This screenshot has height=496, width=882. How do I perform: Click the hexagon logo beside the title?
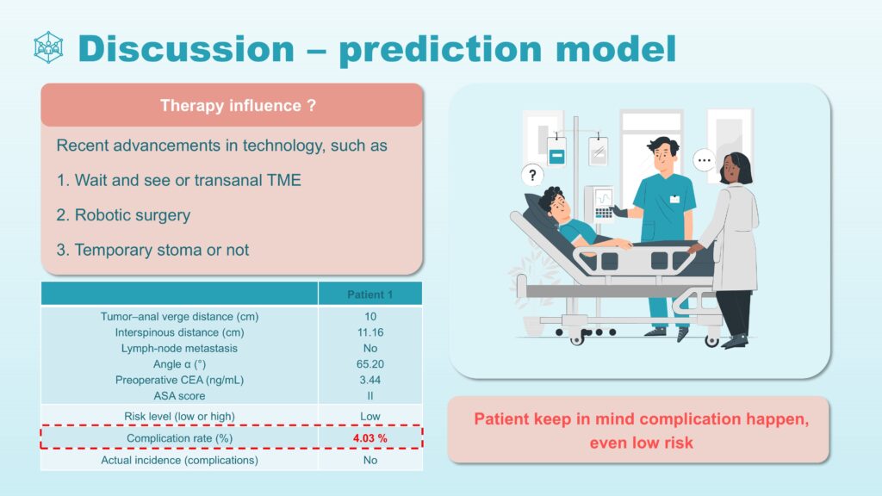coord(48,47)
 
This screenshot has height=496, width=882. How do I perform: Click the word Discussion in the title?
coord(186,48)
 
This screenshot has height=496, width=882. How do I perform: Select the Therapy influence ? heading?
coord(238,105)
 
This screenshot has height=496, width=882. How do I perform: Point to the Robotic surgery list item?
coord(123,214)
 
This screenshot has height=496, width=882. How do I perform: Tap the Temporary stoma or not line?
coord(152,250)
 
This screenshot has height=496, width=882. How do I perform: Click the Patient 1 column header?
coord(370,294)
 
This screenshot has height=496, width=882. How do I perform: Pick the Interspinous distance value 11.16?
coord(370,332)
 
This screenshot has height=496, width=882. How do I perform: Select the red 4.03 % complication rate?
coord(370,438)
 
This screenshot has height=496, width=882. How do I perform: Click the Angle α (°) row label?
coord(179,364)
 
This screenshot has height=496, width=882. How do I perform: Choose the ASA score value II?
coord(370,396)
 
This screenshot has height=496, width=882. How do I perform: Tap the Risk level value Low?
coord(370,416)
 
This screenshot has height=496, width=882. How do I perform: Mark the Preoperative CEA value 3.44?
coord(370,380)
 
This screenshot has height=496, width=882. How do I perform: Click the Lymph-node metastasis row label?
coord(179,348)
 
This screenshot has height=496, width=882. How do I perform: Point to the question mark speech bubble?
coord(532,175)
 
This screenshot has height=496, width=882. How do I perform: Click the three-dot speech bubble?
coord(705,160)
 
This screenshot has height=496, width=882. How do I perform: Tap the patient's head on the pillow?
coord(554,203)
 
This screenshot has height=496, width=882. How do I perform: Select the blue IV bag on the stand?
coord(556,151)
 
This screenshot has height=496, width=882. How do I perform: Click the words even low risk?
coord(641,443)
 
